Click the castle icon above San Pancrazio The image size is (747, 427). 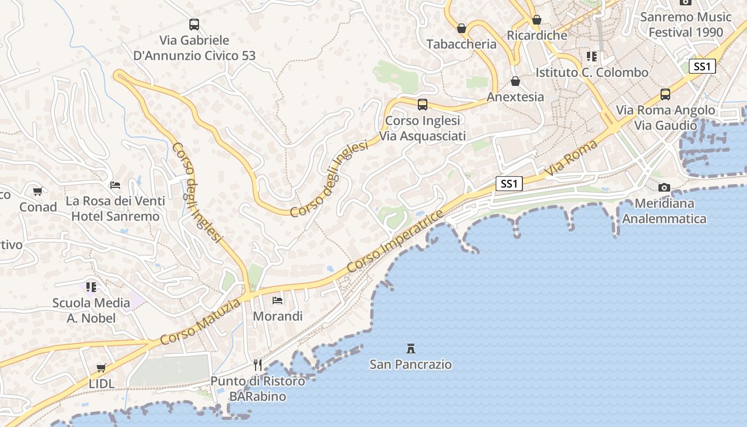(411, 349)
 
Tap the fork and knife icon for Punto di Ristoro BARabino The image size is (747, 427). (258, 365)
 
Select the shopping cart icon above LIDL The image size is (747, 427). (101, 368)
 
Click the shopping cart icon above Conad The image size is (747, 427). (38, 191)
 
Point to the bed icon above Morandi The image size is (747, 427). (277, 301)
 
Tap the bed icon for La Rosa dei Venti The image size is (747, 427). (115, 185)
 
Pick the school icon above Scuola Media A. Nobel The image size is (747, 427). (91, 287)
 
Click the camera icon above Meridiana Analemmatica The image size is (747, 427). (664, 187)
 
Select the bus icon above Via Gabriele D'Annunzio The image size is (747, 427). (194, 25)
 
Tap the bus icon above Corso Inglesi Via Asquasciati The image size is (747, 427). (423, 105)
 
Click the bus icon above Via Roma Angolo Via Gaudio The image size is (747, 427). (665, 94)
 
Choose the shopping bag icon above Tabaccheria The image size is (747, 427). (462, 28)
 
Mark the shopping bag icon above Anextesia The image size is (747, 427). (515, 81)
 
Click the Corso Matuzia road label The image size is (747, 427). (200, 322)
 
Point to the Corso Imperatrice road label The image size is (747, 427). (395, 241)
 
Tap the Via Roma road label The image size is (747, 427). (571, 159)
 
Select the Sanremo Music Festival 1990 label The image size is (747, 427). (686, 25)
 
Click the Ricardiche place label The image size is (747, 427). (537, 35)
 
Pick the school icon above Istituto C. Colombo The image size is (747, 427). (592, 57)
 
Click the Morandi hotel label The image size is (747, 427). (277, 316)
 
